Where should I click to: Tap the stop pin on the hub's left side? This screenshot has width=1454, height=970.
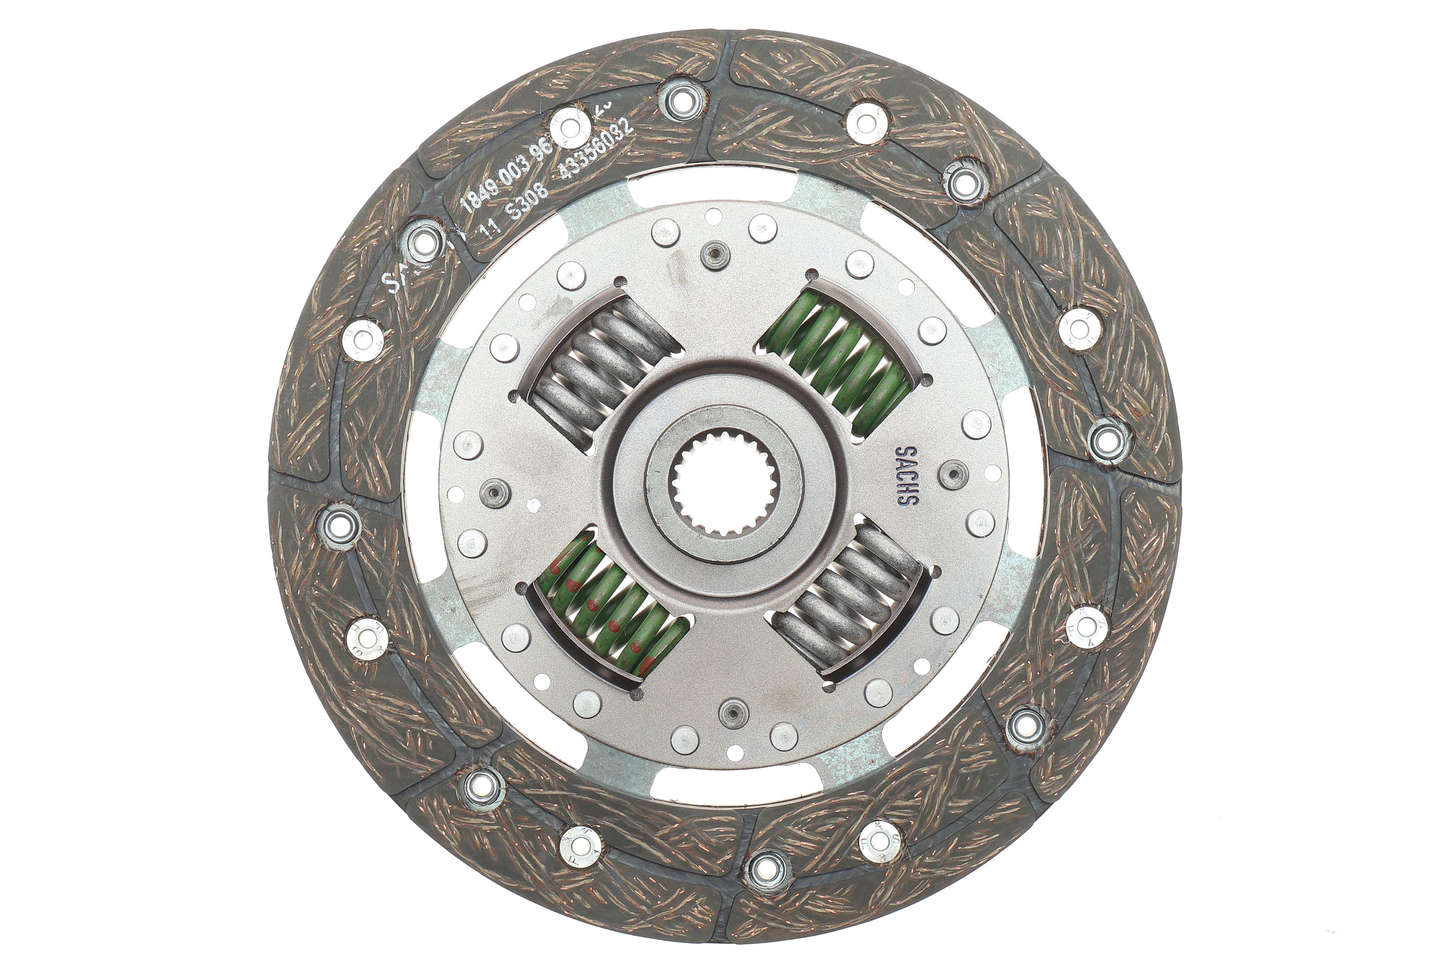tap(495, 493)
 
